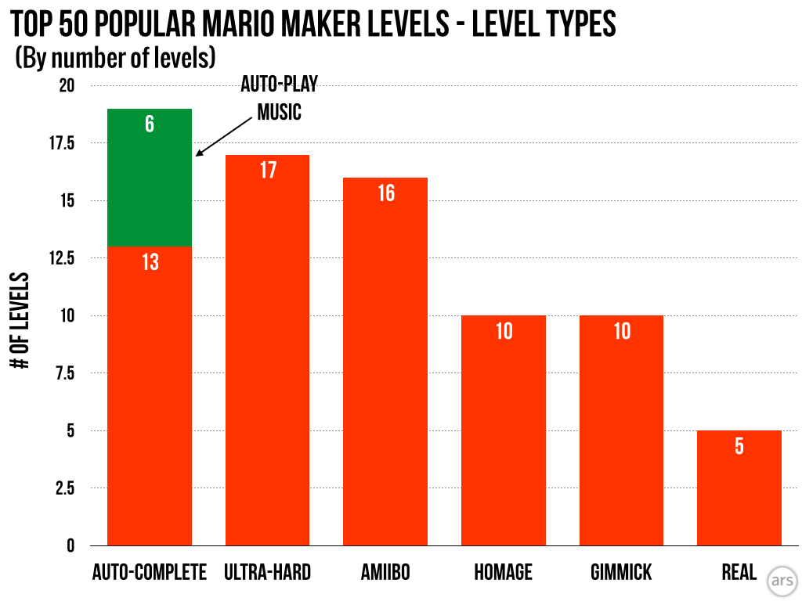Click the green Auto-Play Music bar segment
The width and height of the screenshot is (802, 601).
[150, 178]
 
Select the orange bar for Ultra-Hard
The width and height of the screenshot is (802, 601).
[267, 352]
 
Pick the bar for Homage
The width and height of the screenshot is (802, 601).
[504, 430]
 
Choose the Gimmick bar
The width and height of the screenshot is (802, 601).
[621, 430]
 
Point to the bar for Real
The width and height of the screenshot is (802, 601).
[739, 488]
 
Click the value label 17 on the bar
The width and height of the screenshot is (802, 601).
[268, 170]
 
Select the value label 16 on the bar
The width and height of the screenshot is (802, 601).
[386, 193]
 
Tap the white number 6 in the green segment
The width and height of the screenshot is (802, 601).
[150, 124]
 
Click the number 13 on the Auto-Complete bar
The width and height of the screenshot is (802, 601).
[150, 262]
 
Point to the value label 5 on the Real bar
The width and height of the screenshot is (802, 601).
[739, 446]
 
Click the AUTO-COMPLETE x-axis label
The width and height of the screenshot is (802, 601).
[150, 573]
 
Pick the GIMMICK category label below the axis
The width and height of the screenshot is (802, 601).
[621, 573]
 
